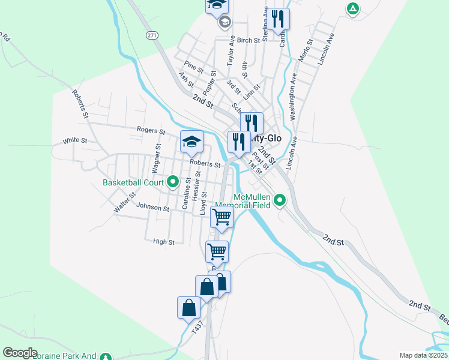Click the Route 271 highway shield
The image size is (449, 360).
coord(152,36)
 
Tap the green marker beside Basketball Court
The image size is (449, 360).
coord(173,181)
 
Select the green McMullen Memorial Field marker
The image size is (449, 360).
coord(280,200)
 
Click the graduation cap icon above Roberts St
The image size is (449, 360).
coord(191,142)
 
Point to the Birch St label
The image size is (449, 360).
coord(248,40)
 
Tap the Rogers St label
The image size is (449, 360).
coord(151,130)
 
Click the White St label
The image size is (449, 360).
coord(75,142)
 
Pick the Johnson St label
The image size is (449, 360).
coord(153,208)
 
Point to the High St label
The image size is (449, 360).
coord(163,242)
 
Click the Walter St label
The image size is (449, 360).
coord(125,202)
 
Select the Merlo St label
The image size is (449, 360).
coord(306,50)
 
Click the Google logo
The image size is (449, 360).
coord(20,352)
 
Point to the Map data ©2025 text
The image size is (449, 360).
coord(423,355)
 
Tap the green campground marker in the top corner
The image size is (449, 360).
coord(353,8)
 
